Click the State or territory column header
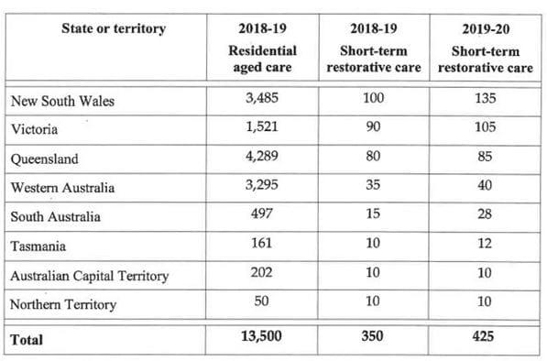click(114, 28)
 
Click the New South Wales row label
click(62, 101)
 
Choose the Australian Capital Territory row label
click(90, 275)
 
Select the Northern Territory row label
click(63, 304)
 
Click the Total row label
click(27, 339)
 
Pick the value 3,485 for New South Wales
click(263, 99)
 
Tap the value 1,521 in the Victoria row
click(263, 127)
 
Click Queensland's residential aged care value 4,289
click(263, 157)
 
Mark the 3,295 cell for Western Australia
click(263, 186)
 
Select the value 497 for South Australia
click(263, 215)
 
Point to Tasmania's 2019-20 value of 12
click(484, 245)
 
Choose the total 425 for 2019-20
click(484, 337)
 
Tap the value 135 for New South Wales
click(484, 99)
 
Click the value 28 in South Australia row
click(484, 215)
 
